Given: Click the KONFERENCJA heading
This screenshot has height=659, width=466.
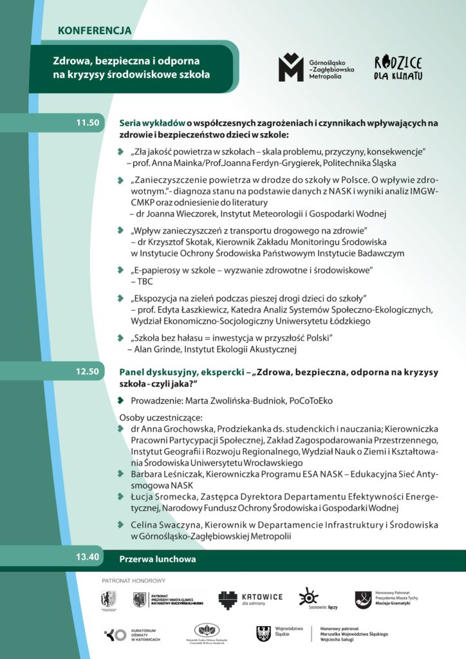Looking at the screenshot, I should (x=95, y=30).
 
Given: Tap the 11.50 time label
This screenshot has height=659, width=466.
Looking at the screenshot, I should (x=88, y=122).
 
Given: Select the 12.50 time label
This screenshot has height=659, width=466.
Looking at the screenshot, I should (x=88, y=371).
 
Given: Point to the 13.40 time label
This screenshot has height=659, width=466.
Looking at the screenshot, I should (x=88, y=557).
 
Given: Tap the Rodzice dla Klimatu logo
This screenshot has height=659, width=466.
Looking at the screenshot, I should (x=398, y=68).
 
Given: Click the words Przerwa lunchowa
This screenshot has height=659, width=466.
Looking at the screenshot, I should (x=158, y=559).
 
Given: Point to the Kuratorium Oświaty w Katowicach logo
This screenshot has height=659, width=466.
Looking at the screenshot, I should (x=131, y=635).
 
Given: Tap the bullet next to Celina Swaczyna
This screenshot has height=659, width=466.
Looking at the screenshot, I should (x=120, y=524).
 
